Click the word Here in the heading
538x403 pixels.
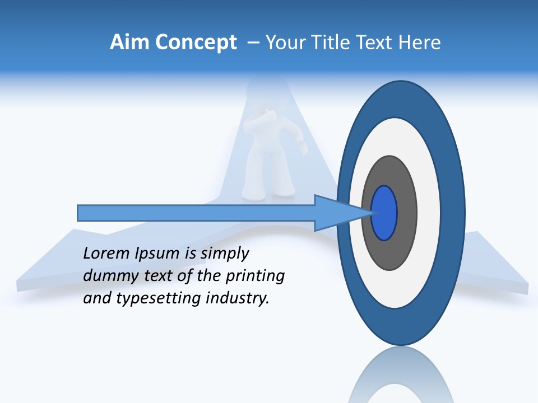click(x=419, y=43)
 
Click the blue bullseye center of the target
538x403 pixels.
click(x=384, y=213)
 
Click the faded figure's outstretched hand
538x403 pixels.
click(x=304, y=149)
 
